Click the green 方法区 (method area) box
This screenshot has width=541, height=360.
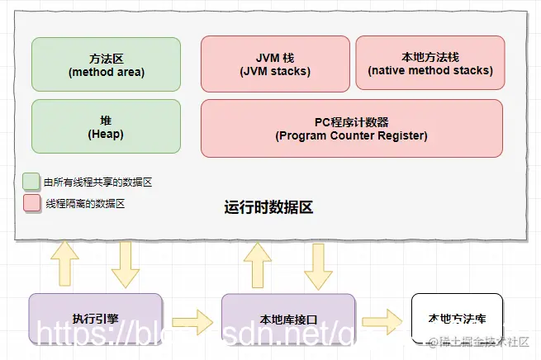tap(106, 64)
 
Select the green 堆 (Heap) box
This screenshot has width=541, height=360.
tap(106, 126)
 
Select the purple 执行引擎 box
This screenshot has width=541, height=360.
tap(95, 317)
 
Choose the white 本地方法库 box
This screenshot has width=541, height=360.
tap(456, 318)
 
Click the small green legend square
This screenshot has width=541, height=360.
tap(31, 181)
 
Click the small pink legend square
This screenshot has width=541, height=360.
tap(31, 202)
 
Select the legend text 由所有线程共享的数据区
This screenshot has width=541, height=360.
tap(87, 181)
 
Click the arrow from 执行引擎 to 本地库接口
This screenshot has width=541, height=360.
tap(192, 318)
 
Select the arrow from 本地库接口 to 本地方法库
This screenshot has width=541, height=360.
tap(381, 318)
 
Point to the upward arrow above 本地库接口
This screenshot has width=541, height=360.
tap(257, 263)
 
